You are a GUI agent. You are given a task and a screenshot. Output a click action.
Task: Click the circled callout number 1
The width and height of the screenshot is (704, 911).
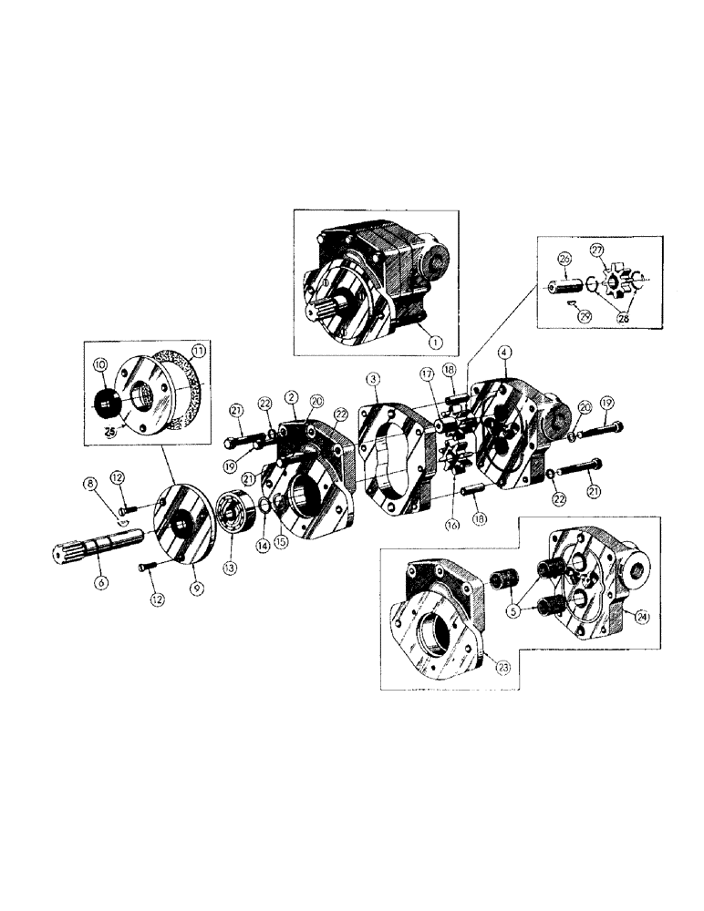tap(435, 342)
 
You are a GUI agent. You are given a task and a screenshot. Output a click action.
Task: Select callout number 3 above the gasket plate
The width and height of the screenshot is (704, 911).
tap(372, 378)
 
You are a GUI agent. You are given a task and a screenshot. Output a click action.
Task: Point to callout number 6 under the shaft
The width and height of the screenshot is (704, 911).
tap(100, 580)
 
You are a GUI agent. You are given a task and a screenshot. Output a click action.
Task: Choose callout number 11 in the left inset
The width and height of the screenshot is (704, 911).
tap(199, 350)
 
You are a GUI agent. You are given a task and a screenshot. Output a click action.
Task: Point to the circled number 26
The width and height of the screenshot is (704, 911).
tap(564, 260)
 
